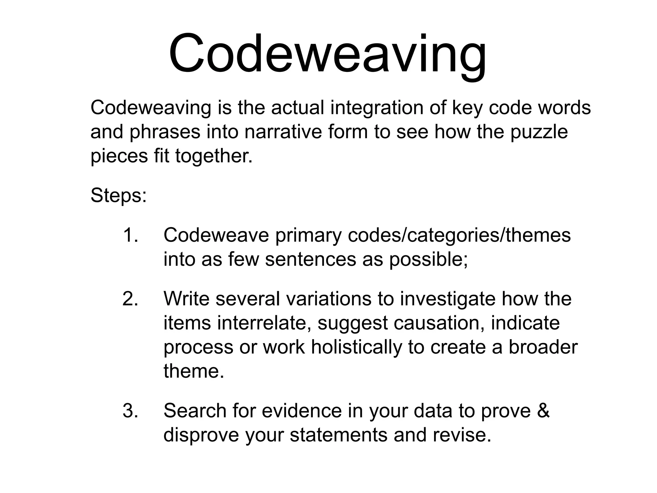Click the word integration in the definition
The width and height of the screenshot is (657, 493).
[x=377, y=108]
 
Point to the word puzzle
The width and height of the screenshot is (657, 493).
[x=539, y=132]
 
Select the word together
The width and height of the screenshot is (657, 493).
[x=214, y=156]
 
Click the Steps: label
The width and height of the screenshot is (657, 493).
[x=118, y=195]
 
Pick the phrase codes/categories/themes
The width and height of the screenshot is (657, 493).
[x=459, y=236]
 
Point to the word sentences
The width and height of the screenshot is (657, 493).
[x=311, y=259]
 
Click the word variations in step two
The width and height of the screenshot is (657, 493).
[x=328, y=299]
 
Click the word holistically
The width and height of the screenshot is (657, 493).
[x=356, y=347]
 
